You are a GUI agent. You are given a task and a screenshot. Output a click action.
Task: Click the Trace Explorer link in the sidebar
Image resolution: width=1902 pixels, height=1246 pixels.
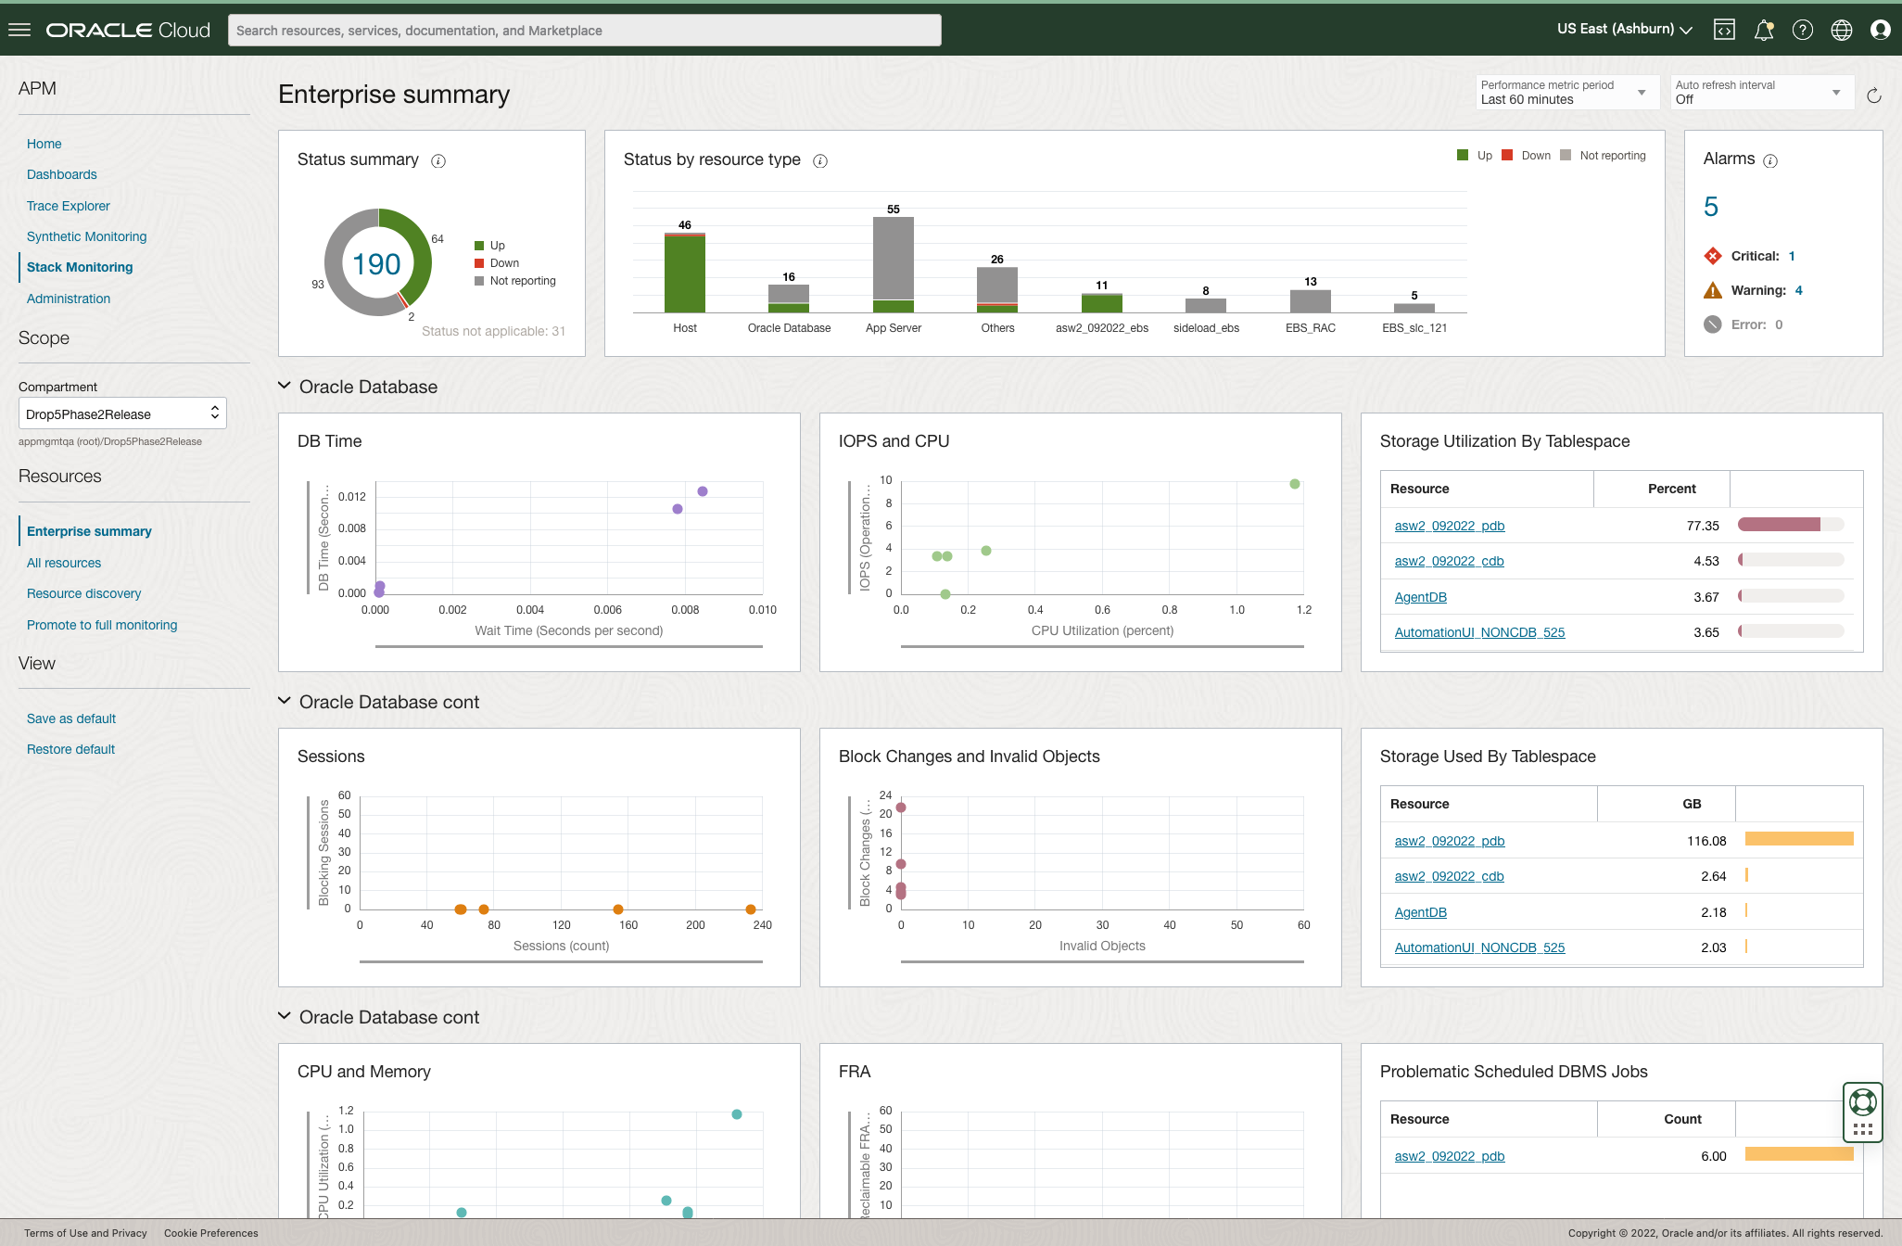68,206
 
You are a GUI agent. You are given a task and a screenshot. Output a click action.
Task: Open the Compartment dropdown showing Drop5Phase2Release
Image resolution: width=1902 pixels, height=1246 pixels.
122,413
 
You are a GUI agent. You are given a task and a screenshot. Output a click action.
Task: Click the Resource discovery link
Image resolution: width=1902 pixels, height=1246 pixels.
83,593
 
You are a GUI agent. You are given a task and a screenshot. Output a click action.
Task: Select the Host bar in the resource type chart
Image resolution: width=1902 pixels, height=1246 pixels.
684,273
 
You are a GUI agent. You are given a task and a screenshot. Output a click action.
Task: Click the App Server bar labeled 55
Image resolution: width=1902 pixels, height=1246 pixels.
893,260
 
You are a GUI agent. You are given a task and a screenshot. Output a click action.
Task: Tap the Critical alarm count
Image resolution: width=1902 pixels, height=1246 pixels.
1792,256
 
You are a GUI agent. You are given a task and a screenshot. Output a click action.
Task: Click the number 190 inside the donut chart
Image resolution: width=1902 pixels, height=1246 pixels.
377,264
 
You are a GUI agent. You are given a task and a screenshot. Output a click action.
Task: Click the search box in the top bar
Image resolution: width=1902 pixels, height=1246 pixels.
584,31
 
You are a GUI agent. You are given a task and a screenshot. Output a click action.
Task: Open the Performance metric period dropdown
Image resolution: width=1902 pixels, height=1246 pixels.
1566,92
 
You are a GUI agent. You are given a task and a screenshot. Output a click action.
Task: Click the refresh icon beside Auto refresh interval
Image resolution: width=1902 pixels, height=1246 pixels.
1873,95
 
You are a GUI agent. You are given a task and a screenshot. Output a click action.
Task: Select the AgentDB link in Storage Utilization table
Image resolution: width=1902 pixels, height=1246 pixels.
1420,597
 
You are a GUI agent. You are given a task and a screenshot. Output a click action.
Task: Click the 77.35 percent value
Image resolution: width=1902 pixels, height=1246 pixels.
1702,526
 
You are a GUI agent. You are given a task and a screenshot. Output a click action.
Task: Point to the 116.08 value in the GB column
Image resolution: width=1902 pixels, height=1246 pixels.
1705,841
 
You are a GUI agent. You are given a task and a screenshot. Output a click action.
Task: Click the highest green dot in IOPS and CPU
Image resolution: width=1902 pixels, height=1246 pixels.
1294,484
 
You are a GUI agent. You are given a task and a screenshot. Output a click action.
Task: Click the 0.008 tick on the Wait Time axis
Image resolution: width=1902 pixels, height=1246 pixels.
685,610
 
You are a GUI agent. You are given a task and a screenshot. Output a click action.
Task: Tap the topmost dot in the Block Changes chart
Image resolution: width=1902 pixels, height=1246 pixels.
900,807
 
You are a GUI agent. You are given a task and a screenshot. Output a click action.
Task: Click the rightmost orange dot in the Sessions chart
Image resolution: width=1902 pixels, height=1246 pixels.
750,909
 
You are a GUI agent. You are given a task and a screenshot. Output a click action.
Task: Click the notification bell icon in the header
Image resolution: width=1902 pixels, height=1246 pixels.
1763,31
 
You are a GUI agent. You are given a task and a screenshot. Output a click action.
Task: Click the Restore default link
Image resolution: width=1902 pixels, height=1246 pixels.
70,749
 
